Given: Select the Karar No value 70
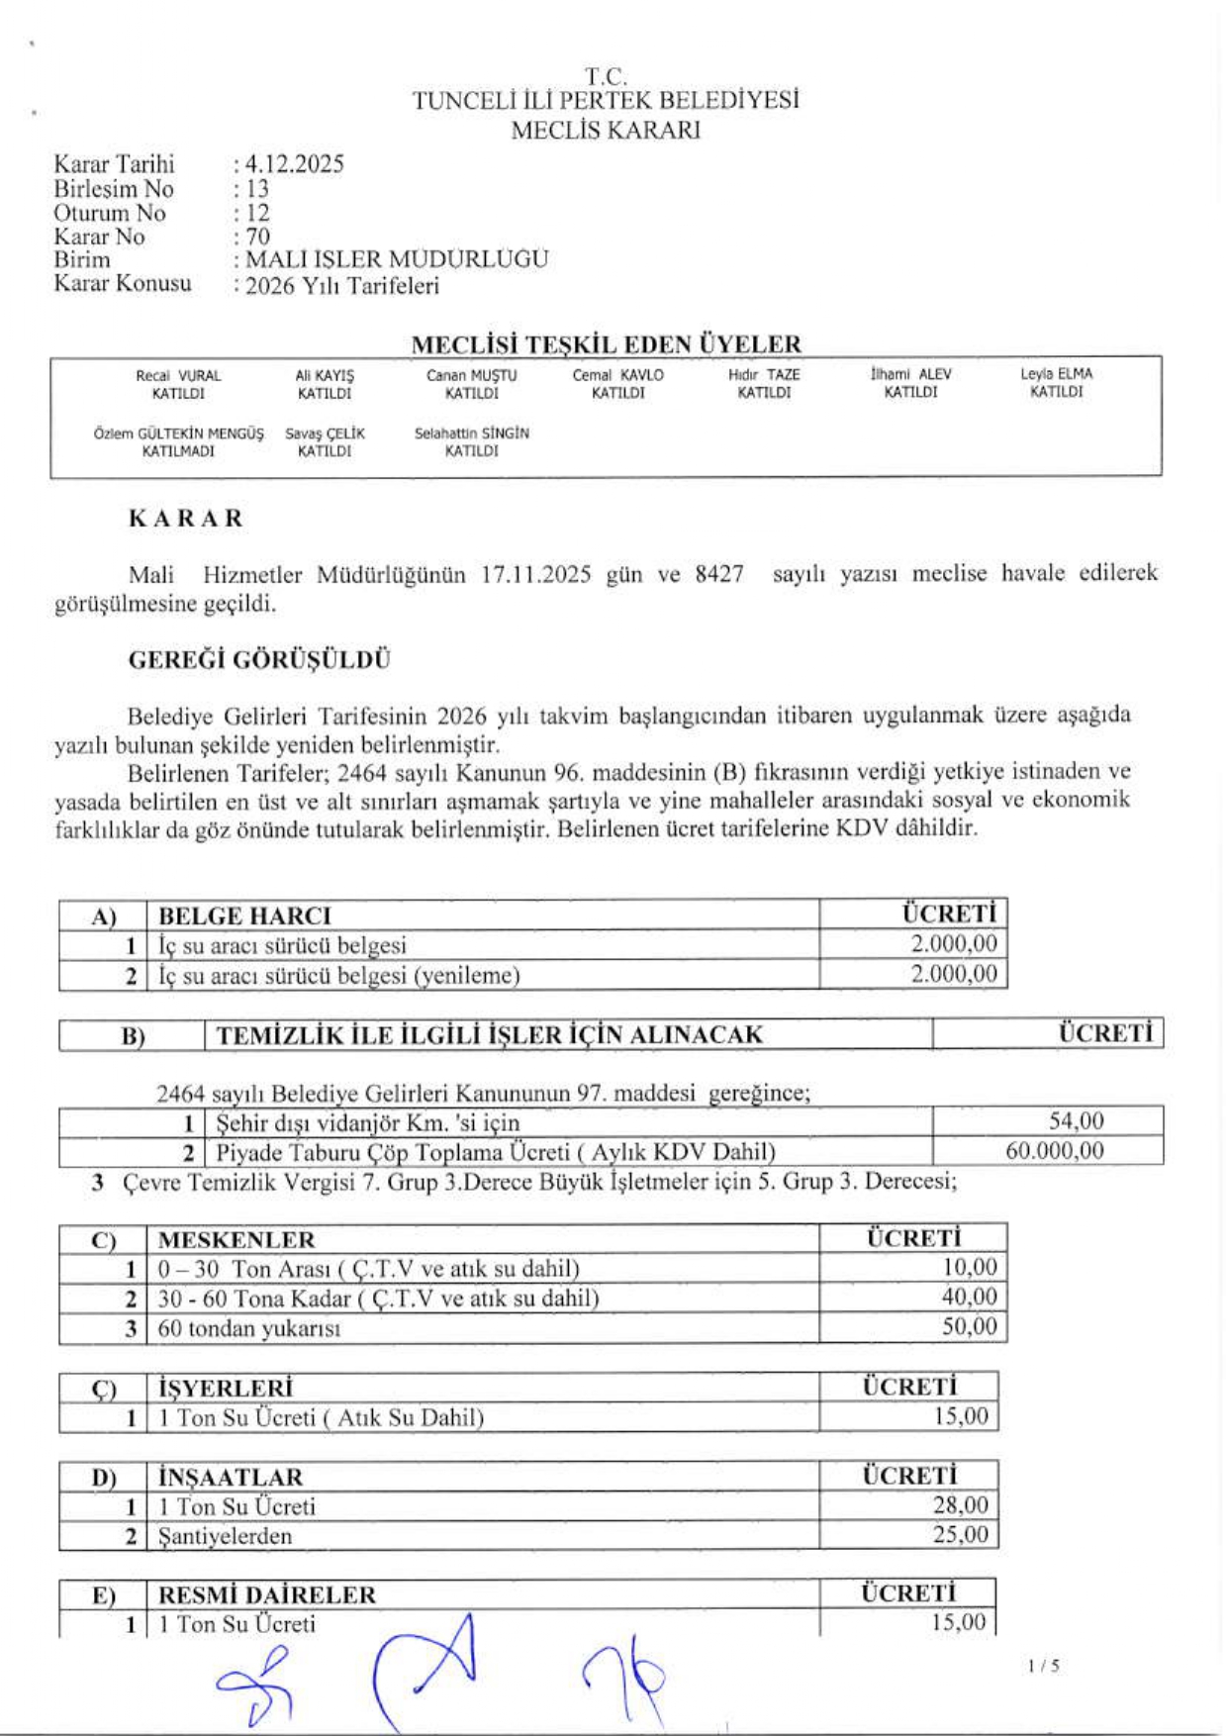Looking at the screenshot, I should coord(258,237).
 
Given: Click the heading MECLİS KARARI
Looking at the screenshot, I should coord(606,131).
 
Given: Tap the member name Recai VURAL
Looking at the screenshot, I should coord(178,376).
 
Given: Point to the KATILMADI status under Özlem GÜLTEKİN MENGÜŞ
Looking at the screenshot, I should coord(178,451).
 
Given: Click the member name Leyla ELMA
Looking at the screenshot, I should coord(1056,375).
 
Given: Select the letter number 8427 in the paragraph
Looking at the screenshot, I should coord(719,575).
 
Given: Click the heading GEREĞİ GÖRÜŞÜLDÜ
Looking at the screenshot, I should coord(259,660).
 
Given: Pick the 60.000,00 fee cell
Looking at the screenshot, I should coord(1054,1151).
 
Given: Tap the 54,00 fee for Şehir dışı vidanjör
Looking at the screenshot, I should coord(1076,1121).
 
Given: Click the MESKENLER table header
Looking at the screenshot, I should coord(236,1240).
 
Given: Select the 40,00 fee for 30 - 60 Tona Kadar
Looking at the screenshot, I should coord(969,1298).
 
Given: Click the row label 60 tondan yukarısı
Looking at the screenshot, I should coord(249,1328).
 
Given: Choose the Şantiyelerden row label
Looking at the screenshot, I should coord(226,1536).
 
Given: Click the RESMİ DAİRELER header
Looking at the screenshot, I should coord(267,1595).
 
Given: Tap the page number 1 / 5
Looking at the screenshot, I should coord(1043,1667).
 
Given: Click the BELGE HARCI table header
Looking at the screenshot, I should coord(244,916).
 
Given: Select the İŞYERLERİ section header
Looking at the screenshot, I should coord(226,1388).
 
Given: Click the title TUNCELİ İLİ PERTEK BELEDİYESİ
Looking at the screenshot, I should coord(606,101).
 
